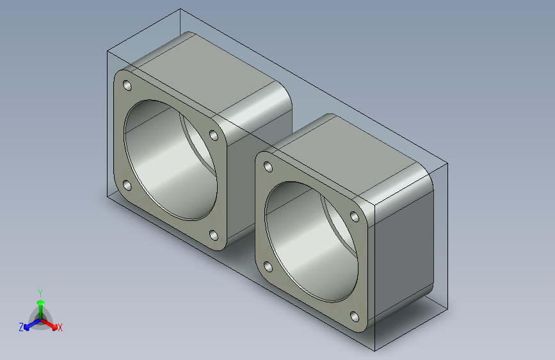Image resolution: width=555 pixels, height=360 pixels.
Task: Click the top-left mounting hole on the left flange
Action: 127,85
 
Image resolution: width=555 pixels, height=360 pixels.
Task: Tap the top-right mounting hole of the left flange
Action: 214,135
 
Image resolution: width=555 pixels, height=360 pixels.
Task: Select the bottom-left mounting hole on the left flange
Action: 127,185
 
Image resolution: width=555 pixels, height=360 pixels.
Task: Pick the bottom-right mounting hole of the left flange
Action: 214,235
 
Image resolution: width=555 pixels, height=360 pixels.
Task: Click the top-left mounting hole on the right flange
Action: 268,167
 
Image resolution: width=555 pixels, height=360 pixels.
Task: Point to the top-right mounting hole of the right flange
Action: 354,217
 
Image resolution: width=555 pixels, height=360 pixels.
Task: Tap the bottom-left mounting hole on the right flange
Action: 268,267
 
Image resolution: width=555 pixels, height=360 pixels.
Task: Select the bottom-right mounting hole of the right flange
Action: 354,316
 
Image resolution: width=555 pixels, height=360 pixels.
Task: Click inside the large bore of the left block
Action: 166,160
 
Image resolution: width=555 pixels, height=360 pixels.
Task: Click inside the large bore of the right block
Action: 308,241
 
